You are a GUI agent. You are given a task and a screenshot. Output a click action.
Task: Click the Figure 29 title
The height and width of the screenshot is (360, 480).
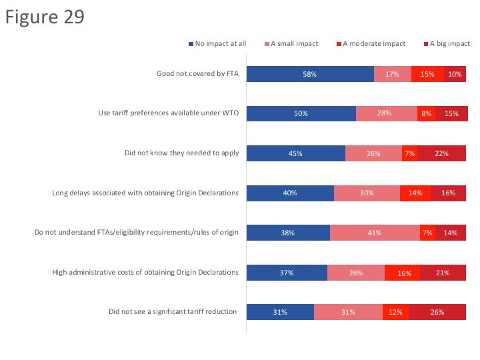(45, 17)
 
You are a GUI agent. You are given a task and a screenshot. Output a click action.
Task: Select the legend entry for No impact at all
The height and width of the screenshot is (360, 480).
(218, 44)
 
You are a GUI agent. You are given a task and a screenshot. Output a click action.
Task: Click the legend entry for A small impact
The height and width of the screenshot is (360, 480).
(293, 44)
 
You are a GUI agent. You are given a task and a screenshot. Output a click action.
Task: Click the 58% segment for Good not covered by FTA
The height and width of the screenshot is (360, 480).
(309, 74)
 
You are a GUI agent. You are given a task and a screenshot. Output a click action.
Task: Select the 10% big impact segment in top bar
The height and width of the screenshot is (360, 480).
(455, 74)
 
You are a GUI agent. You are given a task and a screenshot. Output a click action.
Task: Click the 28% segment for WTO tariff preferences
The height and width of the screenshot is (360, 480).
(386, 113)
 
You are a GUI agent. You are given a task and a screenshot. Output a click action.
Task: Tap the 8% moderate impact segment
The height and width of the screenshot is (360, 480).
(426, 113)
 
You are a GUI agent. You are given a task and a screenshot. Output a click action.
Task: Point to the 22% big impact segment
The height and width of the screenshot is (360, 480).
(441, 153)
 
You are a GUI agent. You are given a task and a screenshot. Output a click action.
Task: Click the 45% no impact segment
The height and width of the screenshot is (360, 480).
(295, 153)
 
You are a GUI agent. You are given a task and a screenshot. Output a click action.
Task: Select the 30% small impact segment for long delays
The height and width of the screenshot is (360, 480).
(367, 193)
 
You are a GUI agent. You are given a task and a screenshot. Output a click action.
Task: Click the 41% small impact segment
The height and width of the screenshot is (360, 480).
(374, 233)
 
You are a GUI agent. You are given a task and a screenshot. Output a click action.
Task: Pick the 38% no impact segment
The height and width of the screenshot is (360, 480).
(288, 233)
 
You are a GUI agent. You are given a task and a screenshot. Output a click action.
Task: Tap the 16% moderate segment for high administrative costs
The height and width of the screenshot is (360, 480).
(402, 272)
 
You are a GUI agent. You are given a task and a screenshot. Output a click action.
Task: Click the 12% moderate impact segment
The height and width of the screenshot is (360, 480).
(395, 312)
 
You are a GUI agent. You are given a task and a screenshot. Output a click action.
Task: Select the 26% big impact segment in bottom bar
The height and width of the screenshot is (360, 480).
(437, 312)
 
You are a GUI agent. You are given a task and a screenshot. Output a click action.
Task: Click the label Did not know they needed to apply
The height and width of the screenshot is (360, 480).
(181, 153)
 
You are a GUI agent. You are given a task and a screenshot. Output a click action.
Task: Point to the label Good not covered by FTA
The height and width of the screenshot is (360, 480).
(197, 74)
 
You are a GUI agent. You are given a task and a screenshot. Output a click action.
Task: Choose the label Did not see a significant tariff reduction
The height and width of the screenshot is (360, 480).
(173, 312)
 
